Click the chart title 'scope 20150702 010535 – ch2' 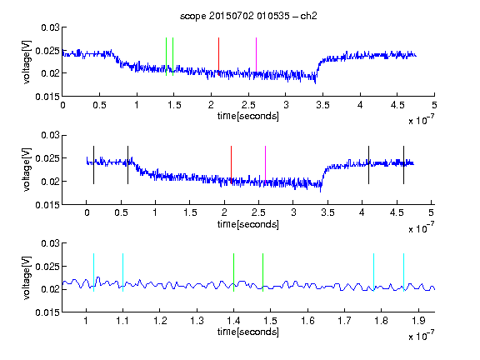pos(248,16)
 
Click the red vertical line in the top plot pos(218,57)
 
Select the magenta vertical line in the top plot pos(256,57)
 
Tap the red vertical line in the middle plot pos(231,165)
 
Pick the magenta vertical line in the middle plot pos(265,165)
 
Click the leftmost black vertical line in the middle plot pos(93,165)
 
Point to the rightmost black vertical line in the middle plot pos(403,165)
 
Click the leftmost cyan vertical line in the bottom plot pos(93,272)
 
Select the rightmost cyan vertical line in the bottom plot pos(403,272)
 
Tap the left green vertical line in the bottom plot pos(233,272)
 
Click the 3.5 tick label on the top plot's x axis pos(322,105)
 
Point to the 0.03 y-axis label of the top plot pos(50,27)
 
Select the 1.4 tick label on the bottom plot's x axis pos(233,321)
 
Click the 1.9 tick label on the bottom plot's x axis pos(418,321)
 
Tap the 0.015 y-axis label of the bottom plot pos(47,312)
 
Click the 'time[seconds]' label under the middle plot pos(248,224)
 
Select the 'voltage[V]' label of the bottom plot pos(27,277)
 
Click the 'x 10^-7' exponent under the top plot pos(421,120)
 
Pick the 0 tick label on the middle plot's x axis pos(87,212)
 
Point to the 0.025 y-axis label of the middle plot pos(47,158)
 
